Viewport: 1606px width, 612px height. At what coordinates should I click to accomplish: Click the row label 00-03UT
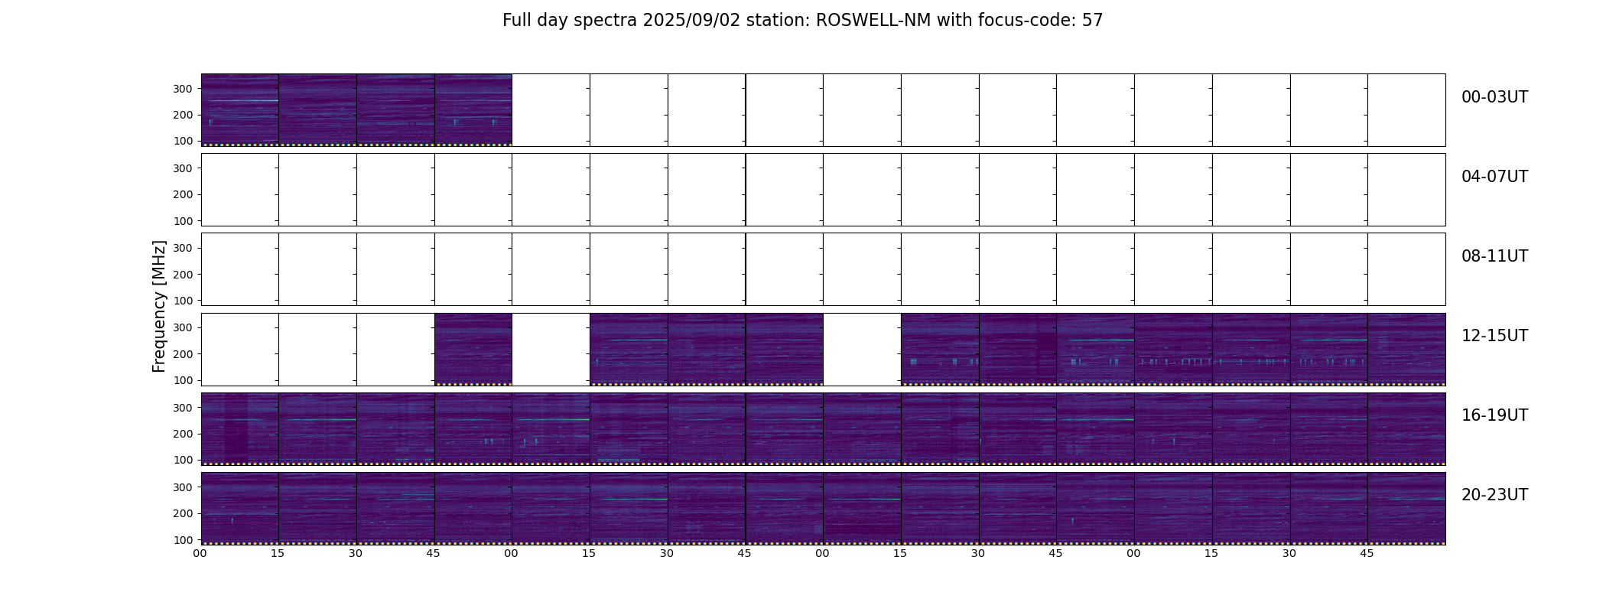coord(1494,97)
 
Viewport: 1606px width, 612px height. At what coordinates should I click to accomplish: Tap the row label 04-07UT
coord(1494,177)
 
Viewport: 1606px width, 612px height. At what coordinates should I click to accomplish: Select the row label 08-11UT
coord(1494,256)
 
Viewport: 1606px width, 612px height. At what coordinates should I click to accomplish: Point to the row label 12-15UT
coord(1494,336)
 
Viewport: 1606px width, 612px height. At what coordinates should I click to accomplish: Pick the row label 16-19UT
coord(1494,415)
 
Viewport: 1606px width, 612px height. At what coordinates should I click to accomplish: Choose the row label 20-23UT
coord(1494,495)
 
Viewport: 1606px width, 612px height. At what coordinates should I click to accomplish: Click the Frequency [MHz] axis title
coord(159,306)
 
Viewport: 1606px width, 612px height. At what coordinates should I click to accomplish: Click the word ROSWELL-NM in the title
coord(873,21)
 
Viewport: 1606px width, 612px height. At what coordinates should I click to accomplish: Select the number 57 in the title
coord(1092,21)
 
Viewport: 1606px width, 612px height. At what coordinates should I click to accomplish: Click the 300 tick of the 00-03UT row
coord(182,89)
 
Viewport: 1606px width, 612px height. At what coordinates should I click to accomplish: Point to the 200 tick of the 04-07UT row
coord(182,194)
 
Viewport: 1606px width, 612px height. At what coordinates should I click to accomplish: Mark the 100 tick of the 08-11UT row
coord(182,301)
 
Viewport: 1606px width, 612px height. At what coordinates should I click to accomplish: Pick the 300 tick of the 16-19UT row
coord(182,408)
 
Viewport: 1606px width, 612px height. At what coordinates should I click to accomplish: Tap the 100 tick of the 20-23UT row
coord(182,539)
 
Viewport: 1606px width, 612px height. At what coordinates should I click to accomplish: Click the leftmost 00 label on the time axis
coord(200,553)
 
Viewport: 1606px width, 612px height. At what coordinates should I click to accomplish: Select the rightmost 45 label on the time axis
coord(1367,553)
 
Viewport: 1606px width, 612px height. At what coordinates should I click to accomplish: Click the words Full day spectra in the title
coord(570,21)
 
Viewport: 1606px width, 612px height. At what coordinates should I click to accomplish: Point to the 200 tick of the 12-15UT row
coord(182,354)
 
